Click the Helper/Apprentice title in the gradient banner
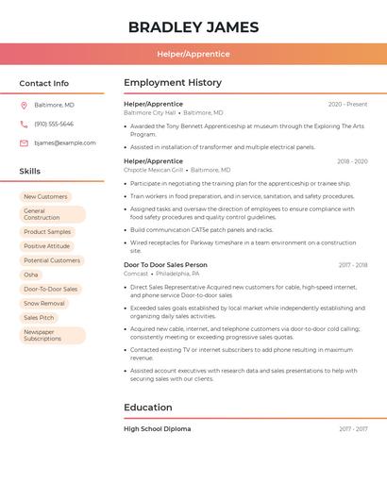pyautogui.click(x=193, y=54)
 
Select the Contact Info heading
pyautogui.click(x=43, y=83)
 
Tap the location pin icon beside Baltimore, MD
pyautogui.click(x=24, y=105)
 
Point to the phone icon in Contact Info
pyautogui.click(x=24, y=124)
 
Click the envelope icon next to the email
pyautogui.click(x=24, y=143)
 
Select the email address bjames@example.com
pyautogui.click(x=65, y=143)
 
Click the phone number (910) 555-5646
pyautogui.click(x=54, y=124)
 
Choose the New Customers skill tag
pyautogui.click(x=45, y=196)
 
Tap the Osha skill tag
pyautogui.click(x=31, y=275)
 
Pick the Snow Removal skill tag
pyautogui.click(x=44, y=304)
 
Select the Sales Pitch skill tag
pyautogui.click(x=39, y=318)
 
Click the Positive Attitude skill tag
pyautogui.click(x=46, y=246)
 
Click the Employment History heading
pyautogui.click(x=173, y=83)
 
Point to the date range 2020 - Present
pyautogui.click(x=347, y=104)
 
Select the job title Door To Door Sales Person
pyautogui.click(x=165, y=265)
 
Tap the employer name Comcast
pyautogui.click(x=136, y=274)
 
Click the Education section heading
pyautogui.click(x=148, y=408)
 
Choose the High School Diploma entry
pyautogui.click(x=157, y=429)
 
